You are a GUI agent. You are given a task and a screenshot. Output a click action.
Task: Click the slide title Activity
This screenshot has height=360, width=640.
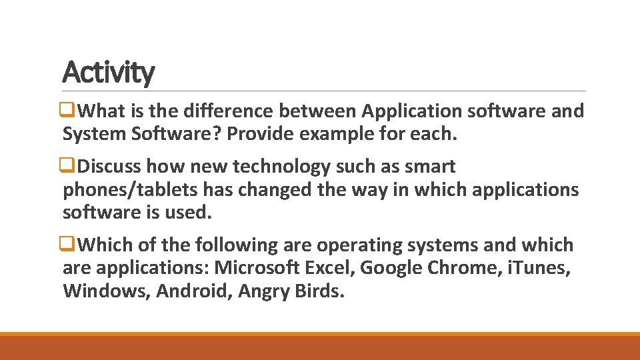pos(108,72)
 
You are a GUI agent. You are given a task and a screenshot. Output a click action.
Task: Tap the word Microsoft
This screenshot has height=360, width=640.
pos(257,268)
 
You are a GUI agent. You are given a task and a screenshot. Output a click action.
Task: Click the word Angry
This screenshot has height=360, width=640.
pos(259,291)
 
